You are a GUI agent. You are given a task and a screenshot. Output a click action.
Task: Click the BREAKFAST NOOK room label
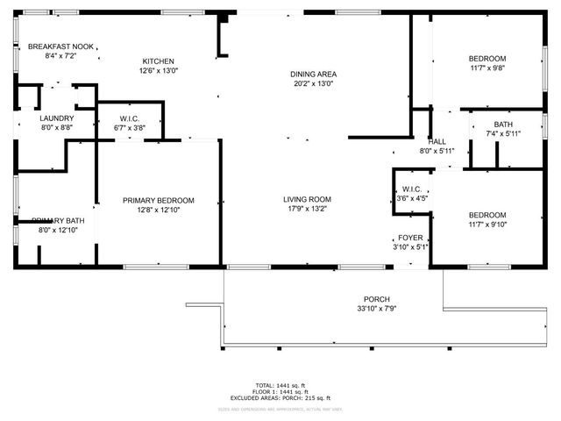[60, 46]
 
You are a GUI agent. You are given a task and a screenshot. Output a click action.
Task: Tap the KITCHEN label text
[159, 61]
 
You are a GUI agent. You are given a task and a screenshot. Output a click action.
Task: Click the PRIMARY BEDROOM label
[159, 201]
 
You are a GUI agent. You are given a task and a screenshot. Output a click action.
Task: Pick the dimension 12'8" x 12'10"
[159, 210]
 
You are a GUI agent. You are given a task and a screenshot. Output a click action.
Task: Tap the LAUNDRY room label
[56, 118]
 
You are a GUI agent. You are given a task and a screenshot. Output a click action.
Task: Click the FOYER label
[410, 237]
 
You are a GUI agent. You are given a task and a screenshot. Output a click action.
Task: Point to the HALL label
[437, 141]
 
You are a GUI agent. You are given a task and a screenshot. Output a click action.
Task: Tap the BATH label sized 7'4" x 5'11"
[503, 124]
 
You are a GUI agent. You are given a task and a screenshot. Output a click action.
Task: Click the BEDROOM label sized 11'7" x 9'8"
[486, 58]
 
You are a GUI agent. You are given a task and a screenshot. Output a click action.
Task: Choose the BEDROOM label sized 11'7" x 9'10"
[486, 215]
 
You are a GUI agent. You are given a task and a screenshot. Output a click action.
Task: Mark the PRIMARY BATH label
[58, 220]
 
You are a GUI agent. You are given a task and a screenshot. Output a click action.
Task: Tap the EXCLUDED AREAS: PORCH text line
[280, 398]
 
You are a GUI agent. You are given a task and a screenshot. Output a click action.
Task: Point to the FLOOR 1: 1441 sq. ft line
[280, 392]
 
